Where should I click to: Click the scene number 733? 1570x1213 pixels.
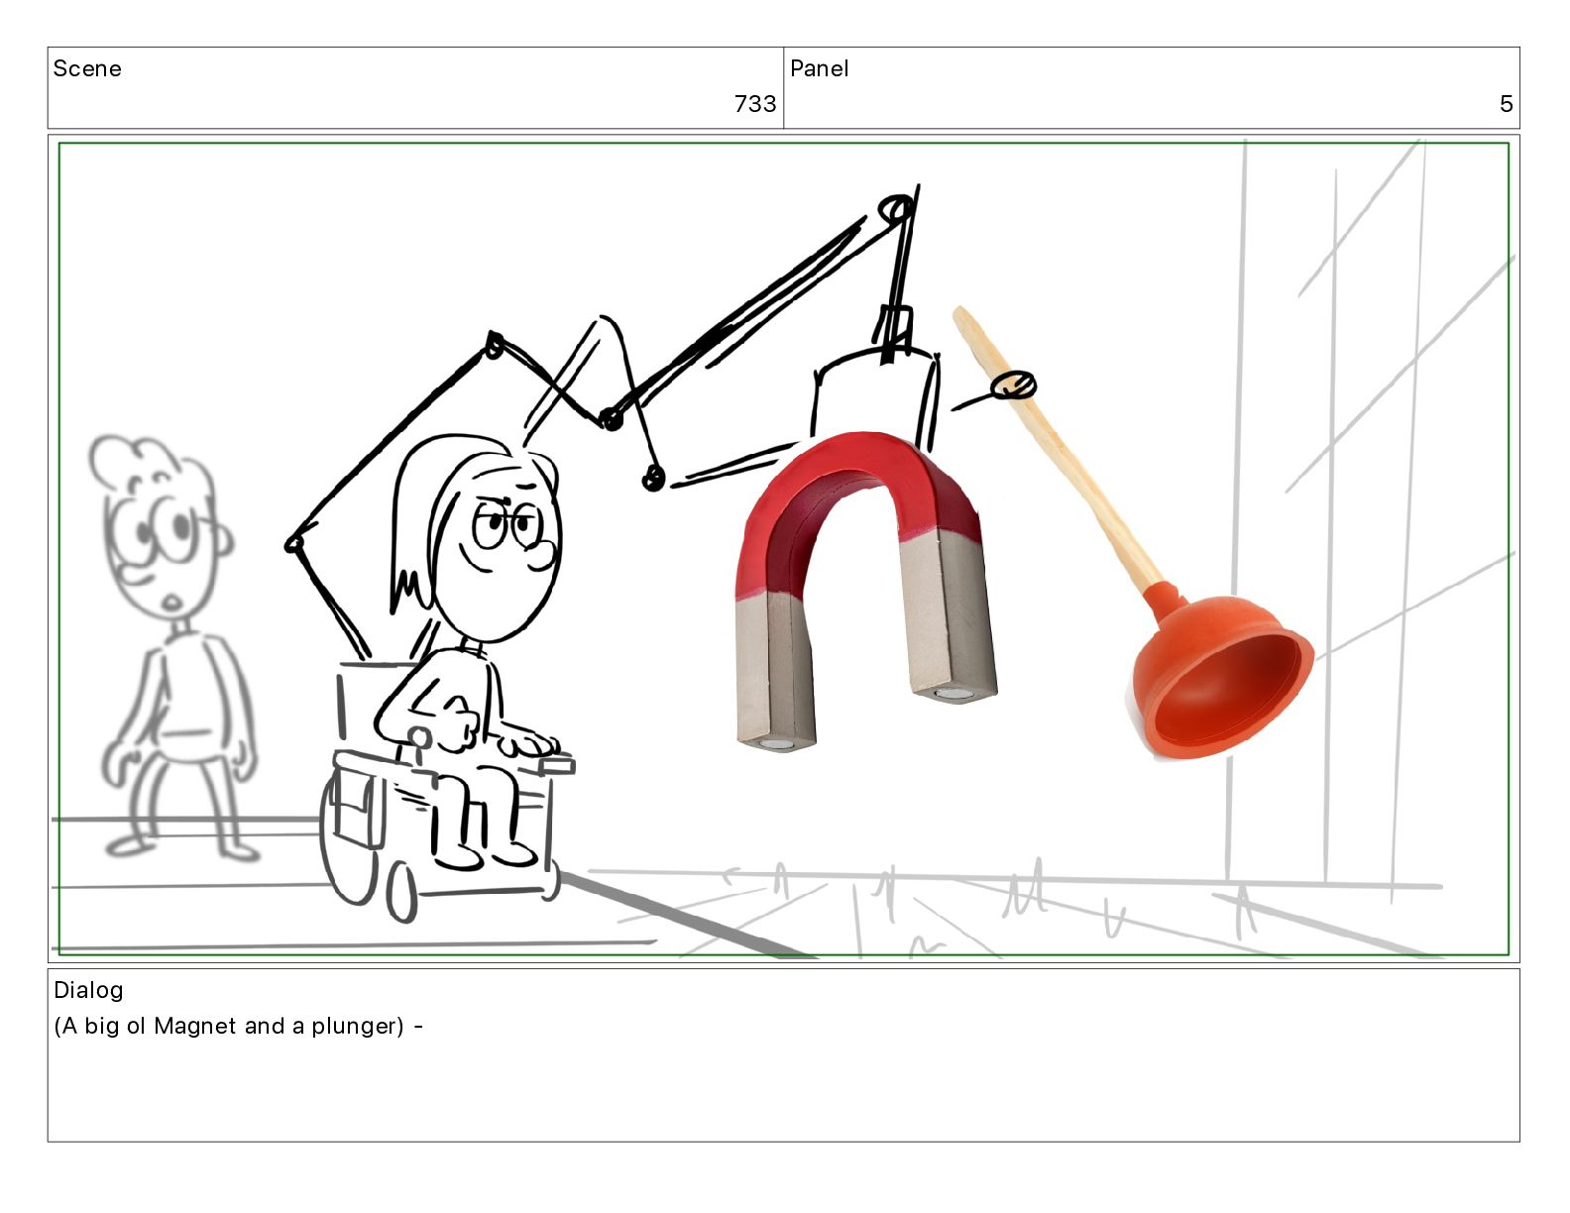pyautogui.click(x=755, y=104)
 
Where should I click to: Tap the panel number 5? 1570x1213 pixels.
pyautogui.click(x=1506, y=104)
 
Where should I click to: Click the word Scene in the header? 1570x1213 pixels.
pyautogui.click(x=87, y=68)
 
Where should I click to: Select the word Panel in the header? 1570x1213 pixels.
pyautogui.click(x=820, y=68)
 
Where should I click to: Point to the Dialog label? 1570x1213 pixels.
pyautogui.click(x=88, y=990)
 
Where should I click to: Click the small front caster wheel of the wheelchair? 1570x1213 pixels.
pyautogui.click(x=401, y=895)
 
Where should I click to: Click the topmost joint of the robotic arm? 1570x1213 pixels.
pyautogui.click(x=896, y=209)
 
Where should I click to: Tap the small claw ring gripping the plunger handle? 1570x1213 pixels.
pyautogui.click(x=1014, y=386)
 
